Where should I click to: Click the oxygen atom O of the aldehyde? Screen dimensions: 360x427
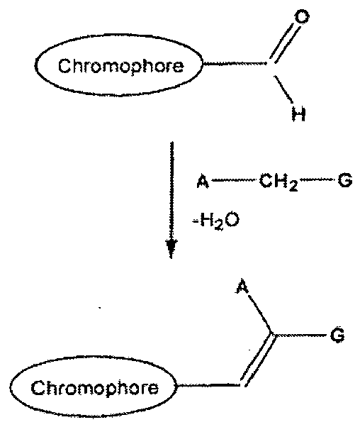coord(302,17)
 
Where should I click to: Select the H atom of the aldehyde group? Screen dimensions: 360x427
coord(298,114)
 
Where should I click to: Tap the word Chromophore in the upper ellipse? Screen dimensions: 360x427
coord(120,66)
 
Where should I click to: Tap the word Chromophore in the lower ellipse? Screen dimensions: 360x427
coord(94,388)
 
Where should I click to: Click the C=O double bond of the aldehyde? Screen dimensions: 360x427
coord(283,43)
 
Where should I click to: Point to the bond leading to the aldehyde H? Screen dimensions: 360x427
coord(283,89)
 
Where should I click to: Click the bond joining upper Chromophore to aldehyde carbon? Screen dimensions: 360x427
coord(235,64)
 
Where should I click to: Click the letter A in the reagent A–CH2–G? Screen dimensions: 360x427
coord(203,182)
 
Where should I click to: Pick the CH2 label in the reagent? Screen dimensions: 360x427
coord(279,182)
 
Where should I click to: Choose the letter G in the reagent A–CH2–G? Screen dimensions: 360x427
coord(344,181)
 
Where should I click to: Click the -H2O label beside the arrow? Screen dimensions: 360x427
coord(216,221)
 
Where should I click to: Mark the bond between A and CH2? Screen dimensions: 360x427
coord(234,180)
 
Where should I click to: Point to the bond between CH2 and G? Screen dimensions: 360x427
coord(317,179)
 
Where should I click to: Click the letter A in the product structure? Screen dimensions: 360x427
coord(242,287)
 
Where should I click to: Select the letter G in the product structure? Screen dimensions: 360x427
coord(337,335)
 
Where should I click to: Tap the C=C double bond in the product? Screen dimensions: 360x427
coord(257,360)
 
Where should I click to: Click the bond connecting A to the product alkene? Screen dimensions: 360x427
coord(259,314)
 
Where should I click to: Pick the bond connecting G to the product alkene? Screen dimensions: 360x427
coord(300,335)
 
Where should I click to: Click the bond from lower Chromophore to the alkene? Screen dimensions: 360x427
coord(209,386)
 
